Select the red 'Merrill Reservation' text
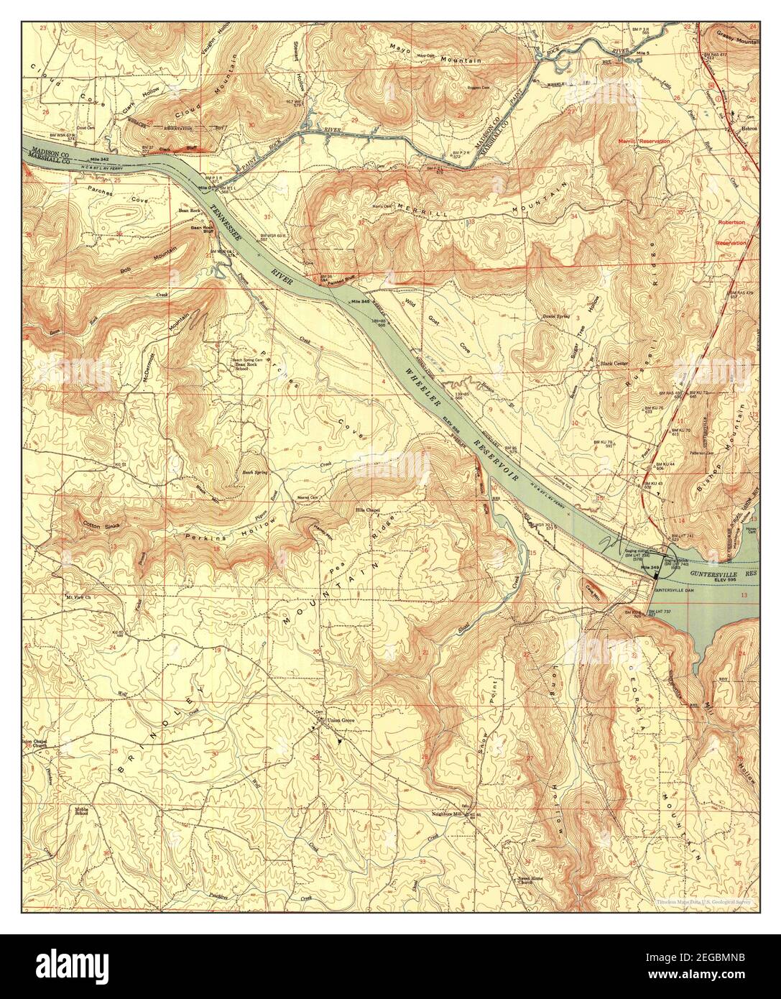click(644, 142)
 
